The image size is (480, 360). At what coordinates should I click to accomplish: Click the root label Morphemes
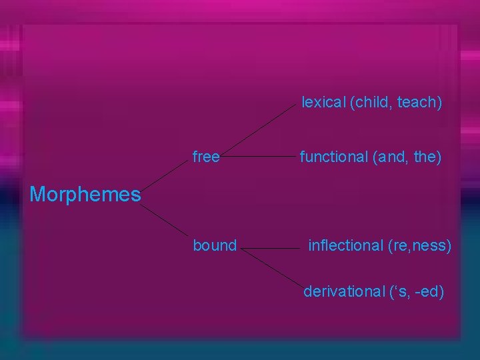85,195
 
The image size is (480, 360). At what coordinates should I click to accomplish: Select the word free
206,157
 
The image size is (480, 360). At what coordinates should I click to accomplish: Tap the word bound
215,246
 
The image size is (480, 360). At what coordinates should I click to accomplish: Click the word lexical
324,103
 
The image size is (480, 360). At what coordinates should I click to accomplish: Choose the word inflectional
345,246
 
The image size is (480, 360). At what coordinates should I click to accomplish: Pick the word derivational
344,291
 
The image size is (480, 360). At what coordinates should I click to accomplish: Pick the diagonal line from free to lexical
260,129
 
